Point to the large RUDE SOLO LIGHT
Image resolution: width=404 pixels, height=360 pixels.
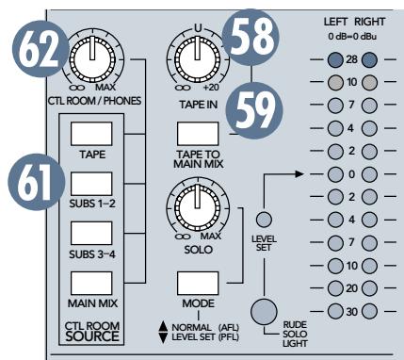[266, 311]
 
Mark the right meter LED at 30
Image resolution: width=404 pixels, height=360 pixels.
[369, 310]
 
